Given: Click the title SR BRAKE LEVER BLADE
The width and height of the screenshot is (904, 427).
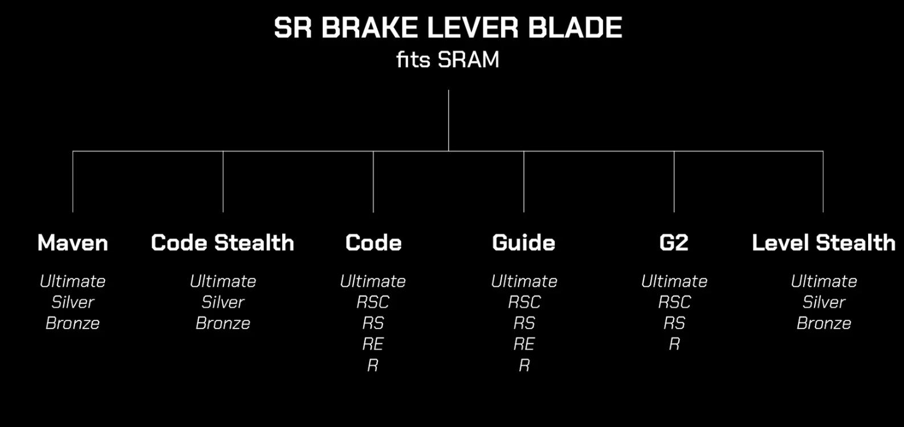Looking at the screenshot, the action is click(x=448, y=27).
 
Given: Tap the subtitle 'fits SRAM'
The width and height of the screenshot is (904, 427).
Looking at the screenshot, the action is click(x=448, y=60).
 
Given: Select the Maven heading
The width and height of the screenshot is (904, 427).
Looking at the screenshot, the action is click(x=72, y=243).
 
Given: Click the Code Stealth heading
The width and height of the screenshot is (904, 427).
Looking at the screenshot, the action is click(x=223, y=243).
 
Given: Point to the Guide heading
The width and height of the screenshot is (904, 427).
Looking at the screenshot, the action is click(x=524, y=243).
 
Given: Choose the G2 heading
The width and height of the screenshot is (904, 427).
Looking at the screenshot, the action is click(x=674, y=243).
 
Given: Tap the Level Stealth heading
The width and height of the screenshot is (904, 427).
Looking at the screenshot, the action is click(x=824, y=243).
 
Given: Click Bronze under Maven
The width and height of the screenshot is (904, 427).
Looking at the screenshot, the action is click(x=72, y=323).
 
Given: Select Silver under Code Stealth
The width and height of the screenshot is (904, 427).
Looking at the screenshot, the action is click(x=223, y=302).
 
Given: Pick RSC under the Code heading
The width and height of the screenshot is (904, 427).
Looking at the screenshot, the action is click(x=373, y=302).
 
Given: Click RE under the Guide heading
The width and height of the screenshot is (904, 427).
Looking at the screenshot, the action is click(x=524, y=344).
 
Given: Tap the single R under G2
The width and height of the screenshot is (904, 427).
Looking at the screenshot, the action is click(x=674, y=344).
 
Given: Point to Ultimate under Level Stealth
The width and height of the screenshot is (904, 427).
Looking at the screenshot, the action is click(x=824, y=281).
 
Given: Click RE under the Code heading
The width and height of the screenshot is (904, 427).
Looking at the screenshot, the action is click(x=373, y=344).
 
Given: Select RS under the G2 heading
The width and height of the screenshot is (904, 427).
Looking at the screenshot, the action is click(x=674, y=323).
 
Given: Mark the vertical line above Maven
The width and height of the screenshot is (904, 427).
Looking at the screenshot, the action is click(x=73, y=182).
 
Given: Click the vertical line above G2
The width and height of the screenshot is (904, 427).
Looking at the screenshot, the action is click(x=674, y=182).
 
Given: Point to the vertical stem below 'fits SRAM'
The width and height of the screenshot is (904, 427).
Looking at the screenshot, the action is click(x=449, y=121).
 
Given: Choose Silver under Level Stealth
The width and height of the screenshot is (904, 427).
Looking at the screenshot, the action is click(x=824, y=302).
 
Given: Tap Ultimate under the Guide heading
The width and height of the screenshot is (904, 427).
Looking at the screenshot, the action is click(x=524, y=281).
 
